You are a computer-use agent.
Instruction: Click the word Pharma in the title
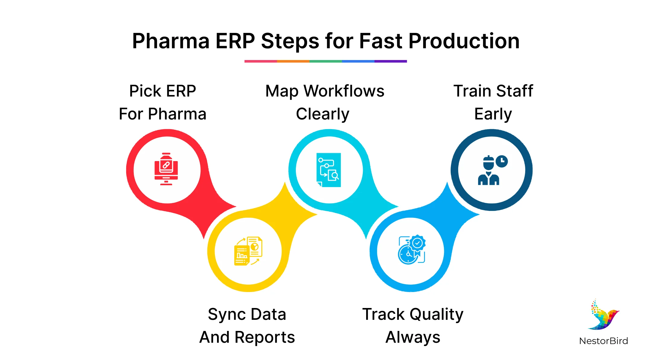click(x=171, y=41)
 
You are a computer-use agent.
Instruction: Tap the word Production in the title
click(x=464, y=41)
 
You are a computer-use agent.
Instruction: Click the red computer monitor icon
click(x=166, y=169)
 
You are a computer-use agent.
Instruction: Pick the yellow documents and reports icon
click(x=248, y=251)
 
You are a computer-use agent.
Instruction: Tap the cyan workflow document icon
click(x=329, y=170)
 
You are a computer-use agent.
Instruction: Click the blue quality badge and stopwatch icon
click(x=411, y=250)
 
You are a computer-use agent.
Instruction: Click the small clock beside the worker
click(x=502, y=161)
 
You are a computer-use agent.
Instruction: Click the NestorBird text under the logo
click(x=603, y=341)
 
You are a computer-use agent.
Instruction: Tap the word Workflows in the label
click(x=344, y=91)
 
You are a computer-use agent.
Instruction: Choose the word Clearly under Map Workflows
click(x=323, y=114)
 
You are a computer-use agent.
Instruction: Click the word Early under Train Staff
click(x=493, y=114)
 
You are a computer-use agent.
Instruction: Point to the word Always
click(x=413, y=337)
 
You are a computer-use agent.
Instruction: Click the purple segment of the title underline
click(x=391, y=61)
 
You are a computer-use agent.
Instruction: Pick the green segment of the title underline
click(x=325, y=61)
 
